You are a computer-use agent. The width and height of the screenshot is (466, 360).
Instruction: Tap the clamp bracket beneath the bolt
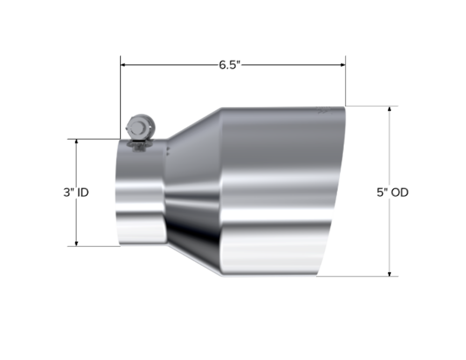tap(138, 144)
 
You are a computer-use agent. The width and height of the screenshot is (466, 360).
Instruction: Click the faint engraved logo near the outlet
tap(323, 111)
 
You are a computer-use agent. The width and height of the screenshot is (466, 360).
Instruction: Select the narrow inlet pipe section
tap(140, 196)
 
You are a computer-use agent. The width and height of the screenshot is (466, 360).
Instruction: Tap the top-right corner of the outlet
tap(346, 107)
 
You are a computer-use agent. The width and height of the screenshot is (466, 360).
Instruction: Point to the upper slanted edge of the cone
tap(193, 123)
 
